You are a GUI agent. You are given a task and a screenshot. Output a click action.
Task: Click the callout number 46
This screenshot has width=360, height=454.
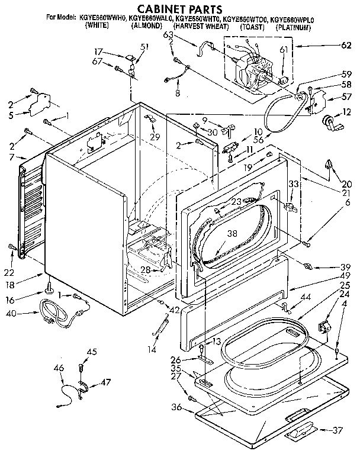click(x=59, y=368)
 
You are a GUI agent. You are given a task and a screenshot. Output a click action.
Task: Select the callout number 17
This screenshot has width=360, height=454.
click(x=99, y=51)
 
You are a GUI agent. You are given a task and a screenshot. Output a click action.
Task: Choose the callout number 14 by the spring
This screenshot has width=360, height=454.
click(x=156, y=350)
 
